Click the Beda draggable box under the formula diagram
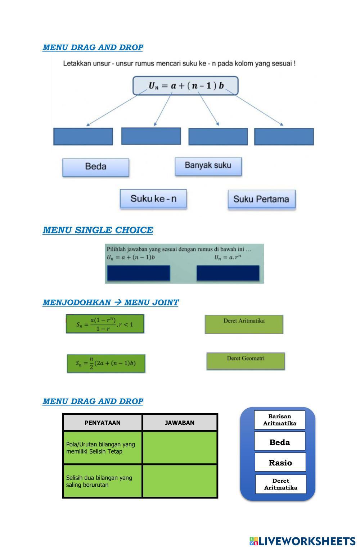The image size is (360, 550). pyautogui.click(x=96, y=167)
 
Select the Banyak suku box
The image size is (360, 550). pyautogui.click(x=208, y=166)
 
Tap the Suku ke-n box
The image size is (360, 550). pyautogui.click(x=153, y=199)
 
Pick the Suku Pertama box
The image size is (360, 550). pyautogui.click(x=261, y=200)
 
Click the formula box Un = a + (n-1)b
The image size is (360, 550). pyautogui.click(x=186, y=86)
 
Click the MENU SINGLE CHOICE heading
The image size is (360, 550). pyautogui.click(x=98, y=230)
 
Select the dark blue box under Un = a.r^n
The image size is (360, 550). pyautogui.click(x=228, y=273)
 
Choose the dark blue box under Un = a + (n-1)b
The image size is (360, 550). pyautogui.click(x=139, y=273)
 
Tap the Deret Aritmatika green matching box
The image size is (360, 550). pyautogui.click(x=244, y=324)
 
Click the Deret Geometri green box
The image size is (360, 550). pyautogui.click(x=246, y=361)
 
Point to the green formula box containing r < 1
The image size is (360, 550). pyautogui.click(x=105, y=324)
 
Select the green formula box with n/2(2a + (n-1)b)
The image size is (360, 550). pyautogui.click(x=106, y=364)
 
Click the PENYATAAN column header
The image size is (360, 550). pyautogui.click(x=103, y=423)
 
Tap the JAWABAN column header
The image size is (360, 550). pyautogui.click(x=180, y=423)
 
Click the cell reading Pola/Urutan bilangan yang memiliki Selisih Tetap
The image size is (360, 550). pyautogui.click(x=103, y=448)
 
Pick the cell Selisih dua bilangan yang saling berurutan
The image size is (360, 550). pyautogui.click(x=103, y=481)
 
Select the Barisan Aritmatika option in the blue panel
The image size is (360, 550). pyautogui.click(x=280, y=420)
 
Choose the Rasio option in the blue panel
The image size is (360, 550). pyautogui.click(x=280, y=463)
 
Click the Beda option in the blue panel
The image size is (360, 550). pyautogui.click(x=280, y=442)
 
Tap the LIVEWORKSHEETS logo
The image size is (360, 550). pyautogui.click(x=302, y=541)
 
